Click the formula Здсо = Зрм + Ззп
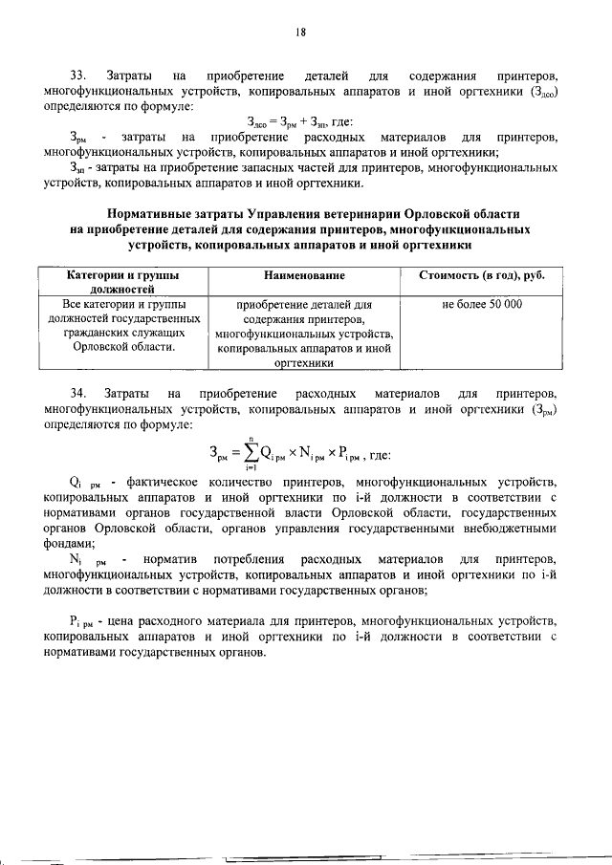click(x=299, y=120)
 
